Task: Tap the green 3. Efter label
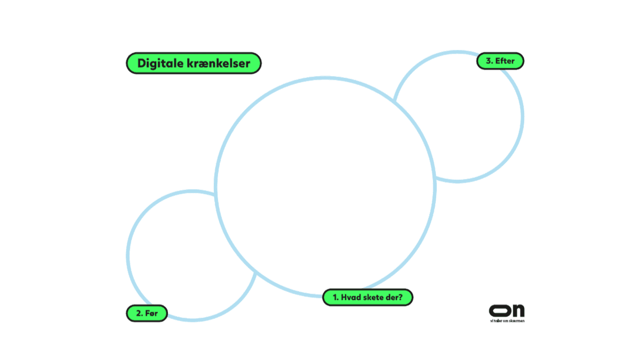tap(500, 61)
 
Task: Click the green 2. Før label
tap(147, 313)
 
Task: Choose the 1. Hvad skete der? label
tap(368, 297)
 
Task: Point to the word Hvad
tap(351, 297)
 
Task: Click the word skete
tap(377, 297)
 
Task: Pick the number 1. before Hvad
tap(335, 297)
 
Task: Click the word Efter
tap(505, 61)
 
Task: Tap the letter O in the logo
tap(499, 310)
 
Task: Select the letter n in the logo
tap(517, 311)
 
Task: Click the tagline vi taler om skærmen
tap(507, 321)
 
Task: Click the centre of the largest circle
tap(325, 186)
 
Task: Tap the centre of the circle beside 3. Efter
tap(459, 117)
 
